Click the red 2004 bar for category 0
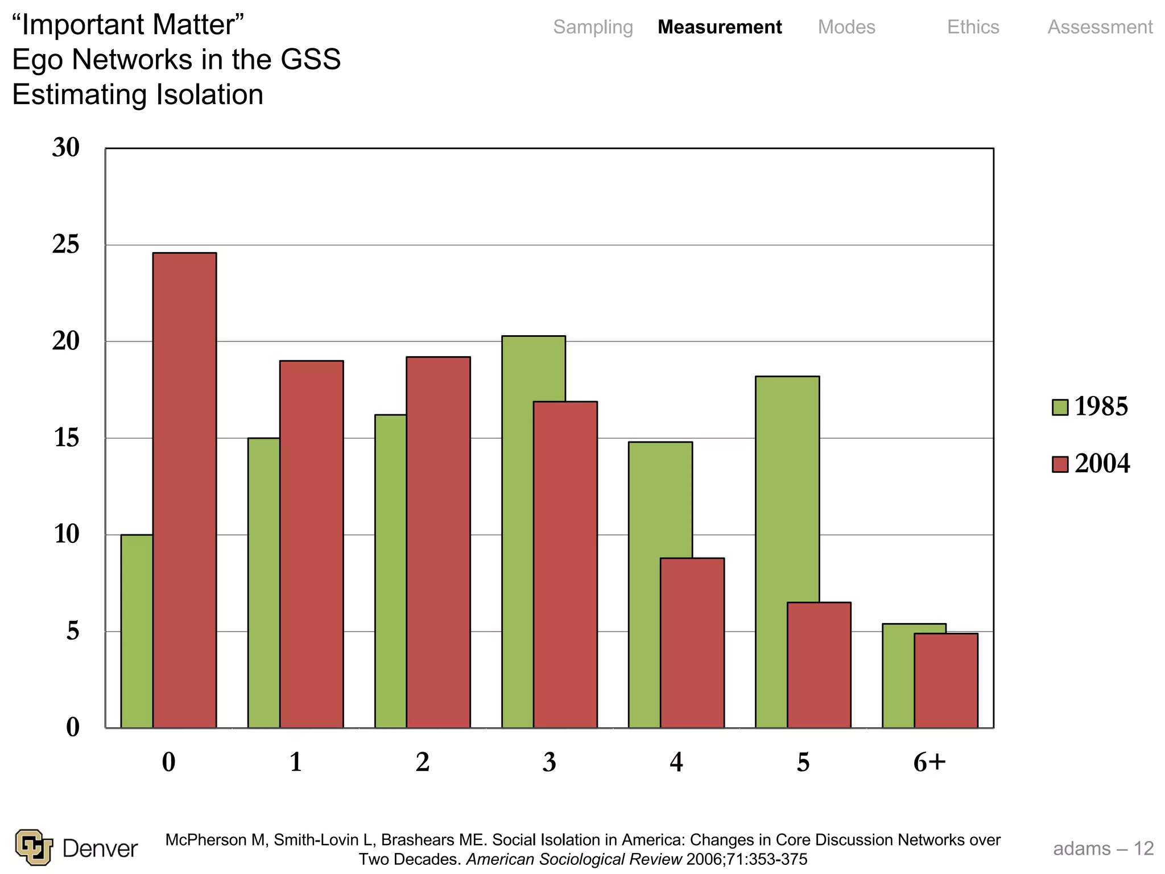click(x=184, y=489)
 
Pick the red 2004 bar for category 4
click(x=692, y=643)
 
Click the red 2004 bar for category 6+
click(x=945, y=681)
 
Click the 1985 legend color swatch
click(x=1060, y=407)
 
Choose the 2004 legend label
click(x=1102, y=464)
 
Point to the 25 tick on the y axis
click(x=66, y=245)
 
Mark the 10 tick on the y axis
click(x=66, y=534)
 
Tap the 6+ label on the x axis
click(x=929, y=762)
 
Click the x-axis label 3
click(x=549, y=762)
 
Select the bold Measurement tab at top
click(x=720, y=27)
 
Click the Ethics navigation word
click(x=973, y=27)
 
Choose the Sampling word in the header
click(x=593, y=27)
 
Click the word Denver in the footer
click(x=100, y=848)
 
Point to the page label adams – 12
click(x=1103, y=848)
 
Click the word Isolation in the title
click(x=210, y=95)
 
